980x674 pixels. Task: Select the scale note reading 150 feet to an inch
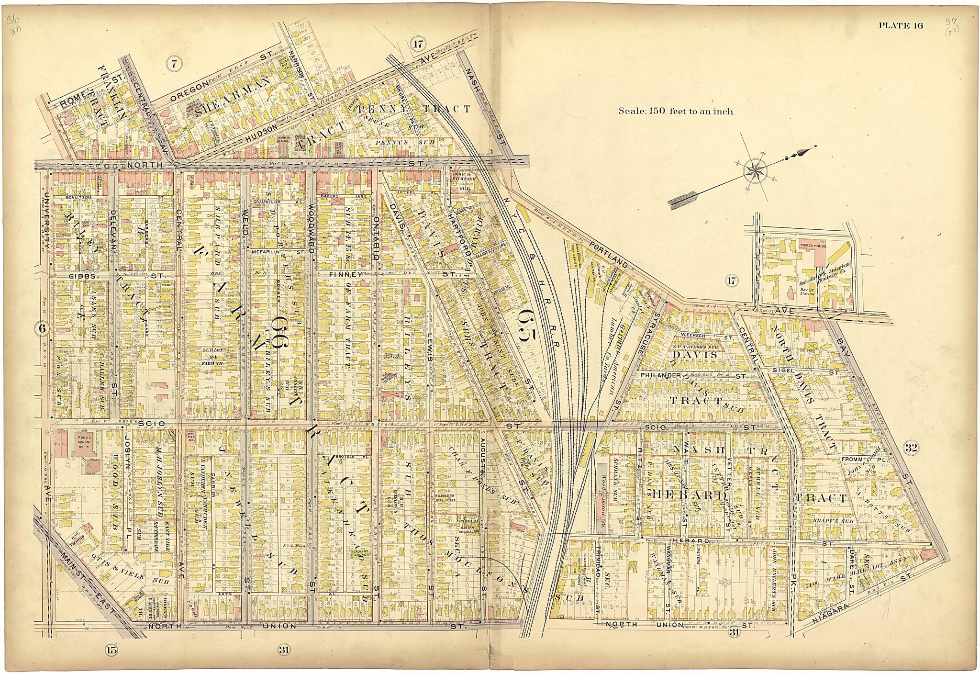pos(676,111)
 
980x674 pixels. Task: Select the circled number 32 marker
pos(911,448)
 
